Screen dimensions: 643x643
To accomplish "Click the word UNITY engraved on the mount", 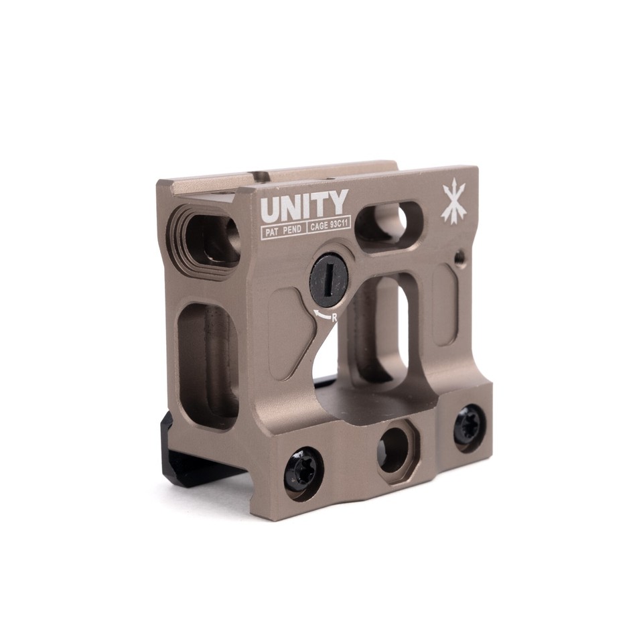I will pyautogui.click(x=304, y=206).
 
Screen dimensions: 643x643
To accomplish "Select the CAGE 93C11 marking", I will pyautogui.click(x=329, y=226).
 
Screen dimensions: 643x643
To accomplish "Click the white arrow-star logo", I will pyautogui.click(x=453, y=204).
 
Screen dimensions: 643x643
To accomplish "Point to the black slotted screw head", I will pyautogui.click(x=329, y=279).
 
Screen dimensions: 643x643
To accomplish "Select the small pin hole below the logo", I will pyautogui.click(x=459, y=257).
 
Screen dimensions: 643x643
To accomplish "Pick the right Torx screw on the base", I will pyautogui.click(x=468, y=426).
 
